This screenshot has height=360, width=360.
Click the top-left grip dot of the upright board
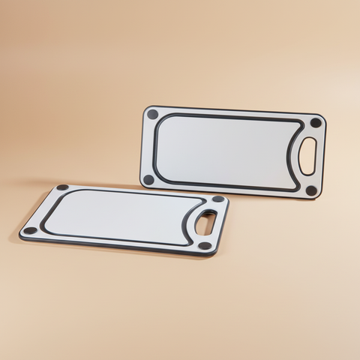coord(152,115)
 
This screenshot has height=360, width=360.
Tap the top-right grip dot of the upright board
coord(316,122)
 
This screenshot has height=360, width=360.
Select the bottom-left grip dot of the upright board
coord(148,179)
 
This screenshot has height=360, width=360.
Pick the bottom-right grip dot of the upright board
coord(311,190)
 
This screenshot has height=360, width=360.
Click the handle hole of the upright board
coord(307,156)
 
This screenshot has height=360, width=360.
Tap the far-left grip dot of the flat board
coord(62,187)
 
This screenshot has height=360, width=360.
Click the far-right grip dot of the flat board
coord(217,199)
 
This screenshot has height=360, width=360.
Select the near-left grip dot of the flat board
coord(30,230)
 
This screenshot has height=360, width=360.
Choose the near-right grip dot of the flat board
coord(205,245)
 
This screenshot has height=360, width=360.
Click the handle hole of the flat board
coord(205,221)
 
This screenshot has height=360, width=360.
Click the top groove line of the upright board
coord(225,118)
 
